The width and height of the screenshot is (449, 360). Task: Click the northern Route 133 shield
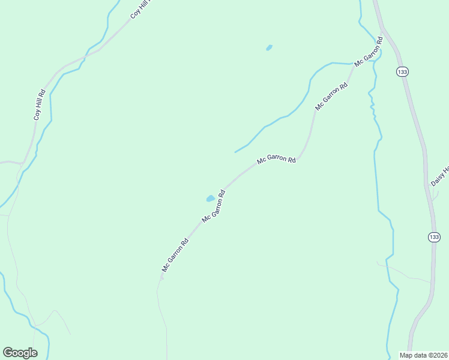coord(402,72)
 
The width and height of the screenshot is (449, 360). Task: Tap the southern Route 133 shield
coord(434,237)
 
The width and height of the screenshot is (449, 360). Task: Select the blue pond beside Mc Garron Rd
coord(210,198)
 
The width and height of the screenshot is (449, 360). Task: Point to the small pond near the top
coord(269,47)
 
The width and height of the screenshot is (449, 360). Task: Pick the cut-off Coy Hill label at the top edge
coord(142,9)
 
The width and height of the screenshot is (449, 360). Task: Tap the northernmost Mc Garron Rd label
coord(369,55)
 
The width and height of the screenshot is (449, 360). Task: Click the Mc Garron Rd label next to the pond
coord(214,207)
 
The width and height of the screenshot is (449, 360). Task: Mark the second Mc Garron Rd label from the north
coord(331,97)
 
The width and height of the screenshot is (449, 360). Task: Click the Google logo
coord(20,353)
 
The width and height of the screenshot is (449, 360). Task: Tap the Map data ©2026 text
coord(424,355)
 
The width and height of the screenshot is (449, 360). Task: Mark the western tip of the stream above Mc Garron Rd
coord(235,152)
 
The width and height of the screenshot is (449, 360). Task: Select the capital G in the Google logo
coord(8,352)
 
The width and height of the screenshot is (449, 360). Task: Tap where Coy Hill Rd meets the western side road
coord(23,163)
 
